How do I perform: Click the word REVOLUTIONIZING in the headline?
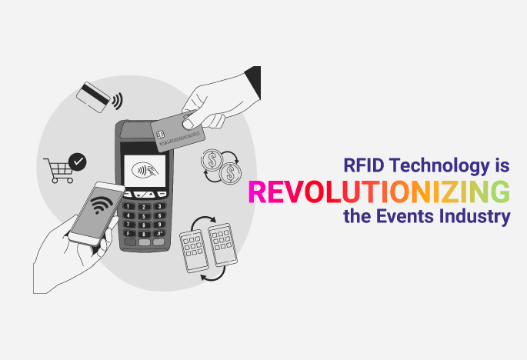click(379, 192)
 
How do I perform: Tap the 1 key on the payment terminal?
click(128, 206)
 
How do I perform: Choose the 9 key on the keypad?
click(159, 224)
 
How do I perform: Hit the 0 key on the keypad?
click(144, 234)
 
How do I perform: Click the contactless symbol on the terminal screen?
click(145, 170)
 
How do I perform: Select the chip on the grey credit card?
click(161, 134)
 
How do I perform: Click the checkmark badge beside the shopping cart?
click(78, 162)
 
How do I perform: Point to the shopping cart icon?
click(59, 170)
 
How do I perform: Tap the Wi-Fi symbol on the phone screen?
click(101, 204)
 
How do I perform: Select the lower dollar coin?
click(230, 173)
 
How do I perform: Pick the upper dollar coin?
click(212, 160)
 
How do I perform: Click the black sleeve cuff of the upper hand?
click(254, 82)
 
